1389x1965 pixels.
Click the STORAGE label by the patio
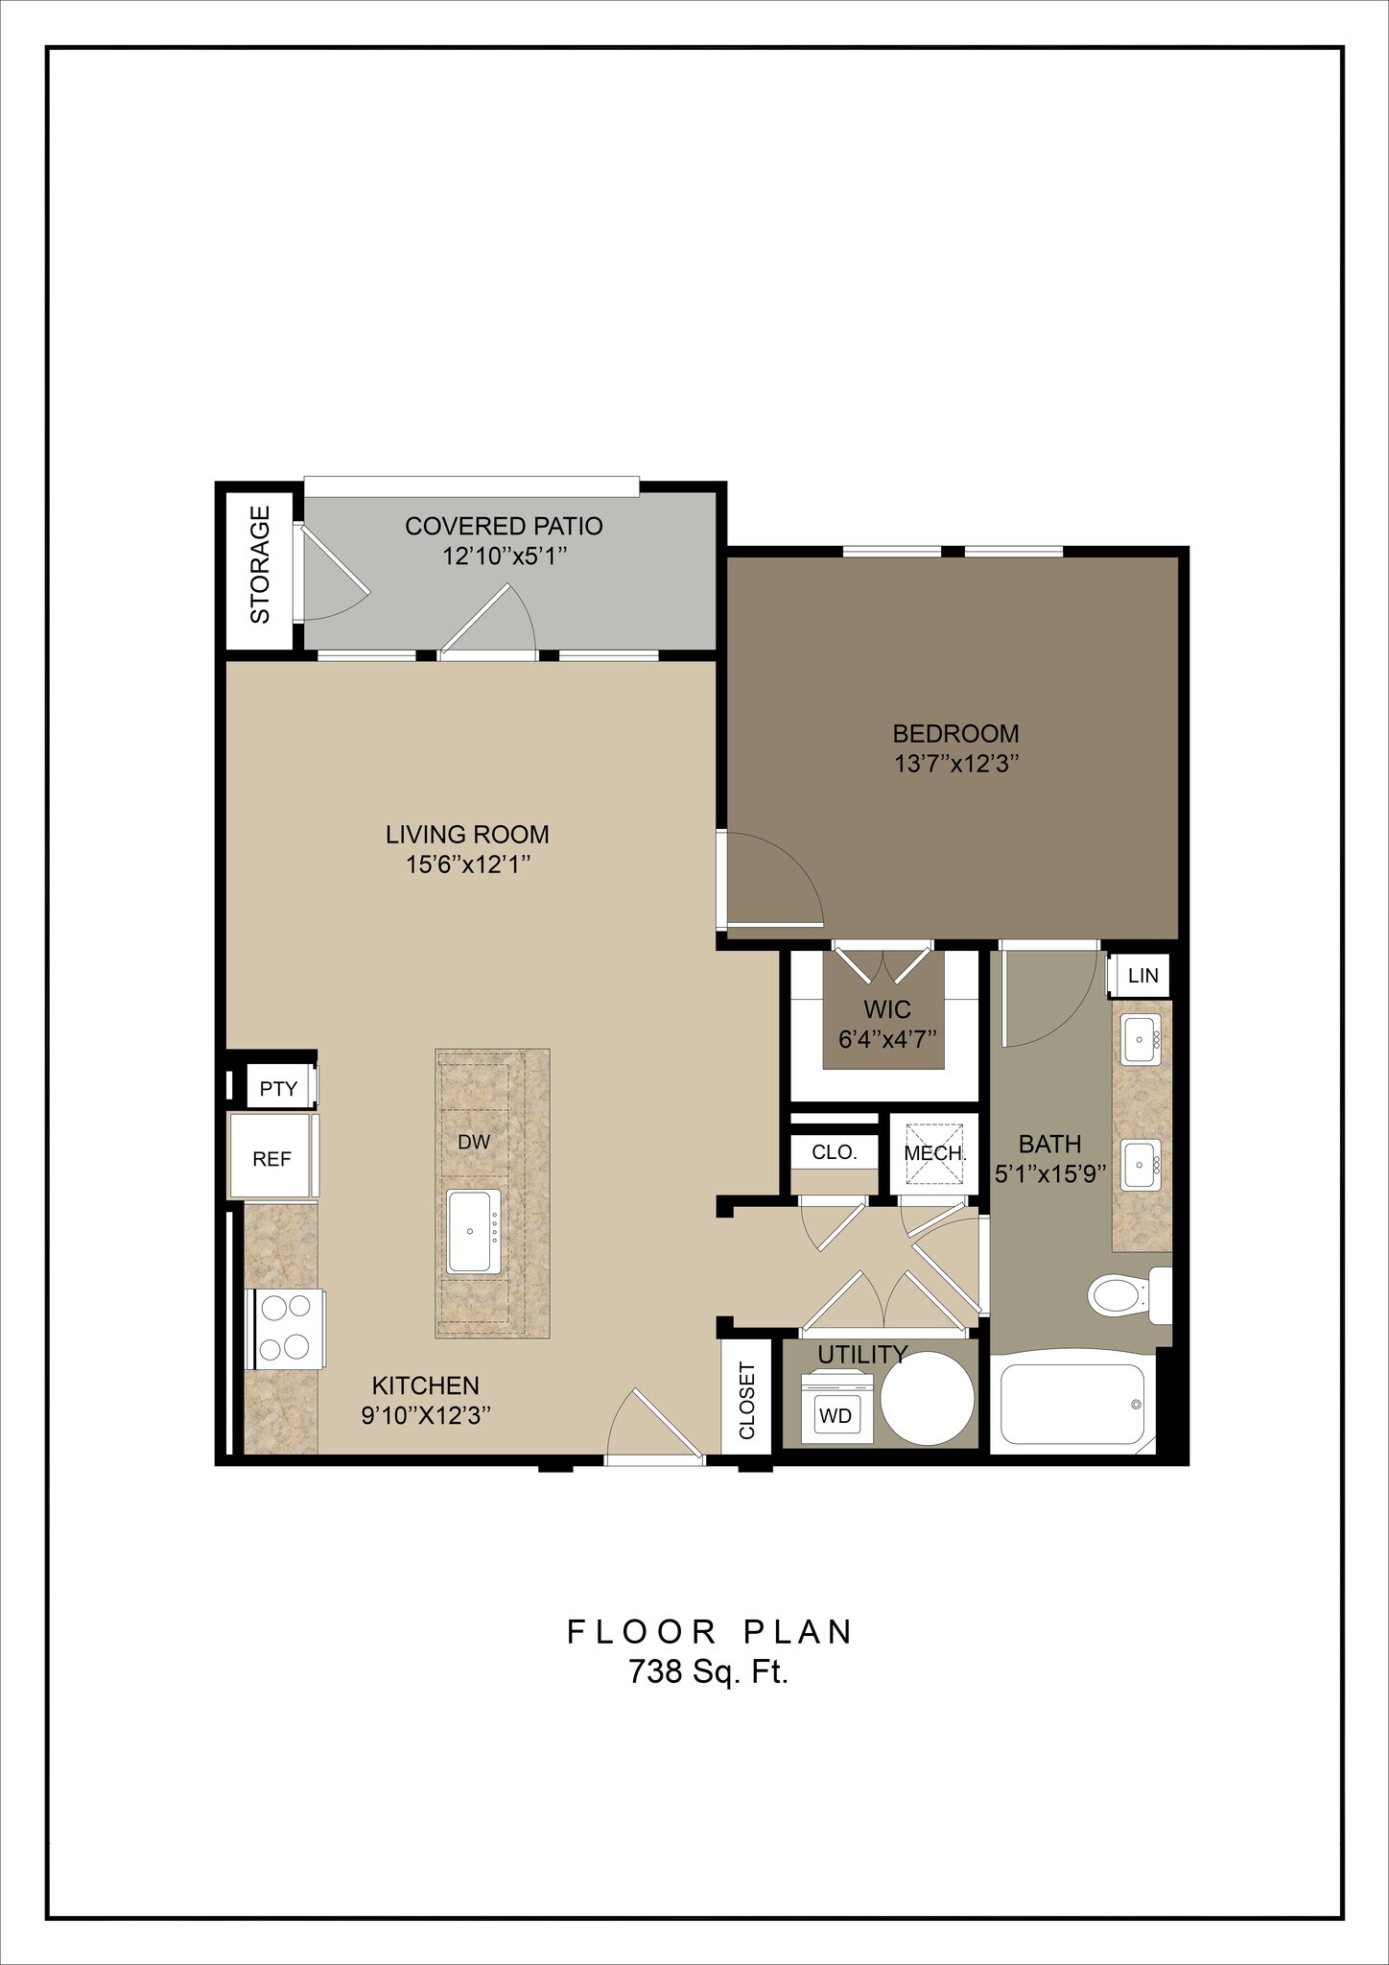tap(260, 565)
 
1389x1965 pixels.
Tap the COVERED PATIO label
tap(504, 526)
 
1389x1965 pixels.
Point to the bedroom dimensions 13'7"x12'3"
tap(955, 765)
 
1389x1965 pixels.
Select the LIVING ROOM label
tap(467, 834)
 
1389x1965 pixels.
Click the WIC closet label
tap(887, 1009)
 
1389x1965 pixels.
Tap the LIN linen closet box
tap(1142, 976)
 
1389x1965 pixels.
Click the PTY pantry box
tap(279, 1089)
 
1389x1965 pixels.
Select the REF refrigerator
tap(271, 1157)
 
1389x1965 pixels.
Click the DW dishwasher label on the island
tap(474, 1142)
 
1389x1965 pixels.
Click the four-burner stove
tap(286, 1329)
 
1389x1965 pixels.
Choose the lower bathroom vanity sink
tap(1142, 1164)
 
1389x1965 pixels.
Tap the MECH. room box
tap(934, 1153)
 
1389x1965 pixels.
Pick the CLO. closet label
tap(834, 1152)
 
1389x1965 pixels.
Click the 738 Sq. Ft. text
tap(708, 1672)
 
